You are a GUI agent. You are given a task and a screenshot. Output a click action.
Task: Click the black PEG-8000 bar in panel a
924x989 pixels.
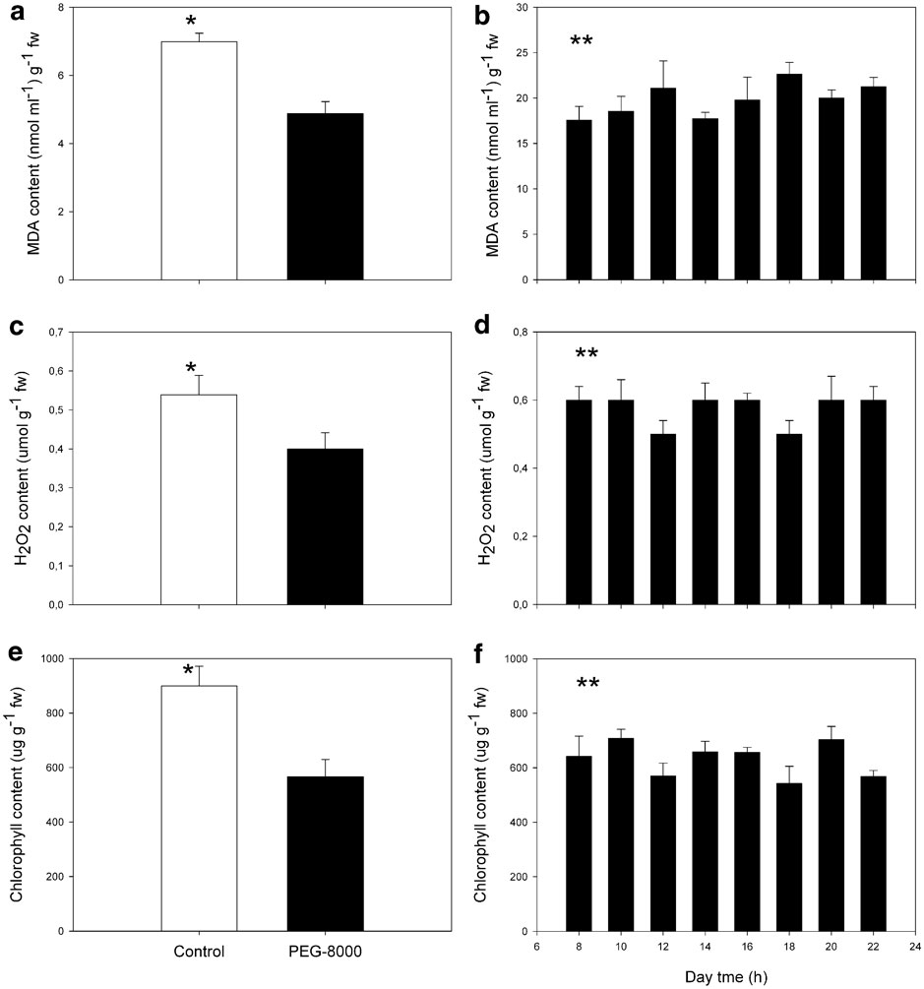(x=325, y=197)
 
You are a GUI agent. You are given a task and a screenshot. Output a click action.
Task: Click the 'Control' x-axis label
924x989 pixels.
(x=198, y=952)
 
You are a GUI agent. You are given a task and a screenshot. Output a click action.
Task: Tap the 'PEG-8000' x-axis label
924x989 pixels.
(x=325, y=952)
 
